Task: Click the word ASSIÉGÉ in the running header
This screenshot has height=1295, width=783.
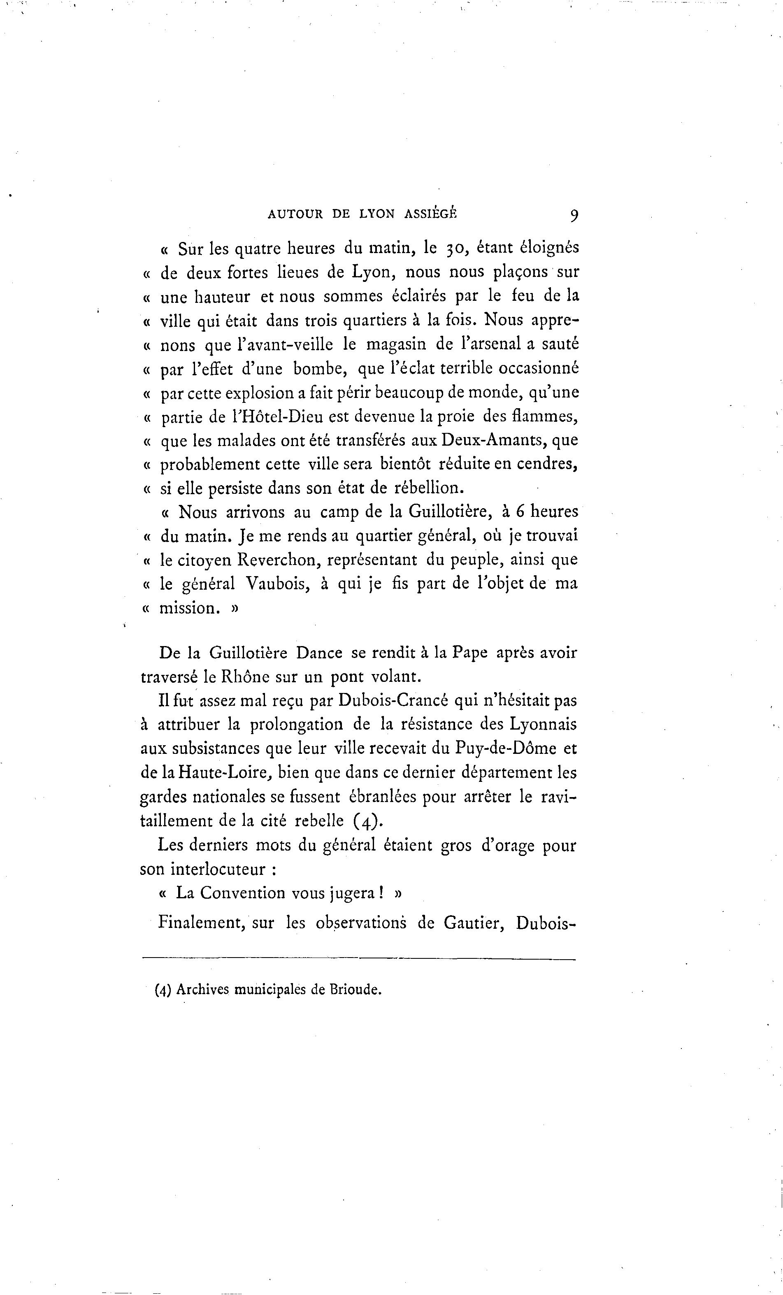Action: (431, 214)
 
